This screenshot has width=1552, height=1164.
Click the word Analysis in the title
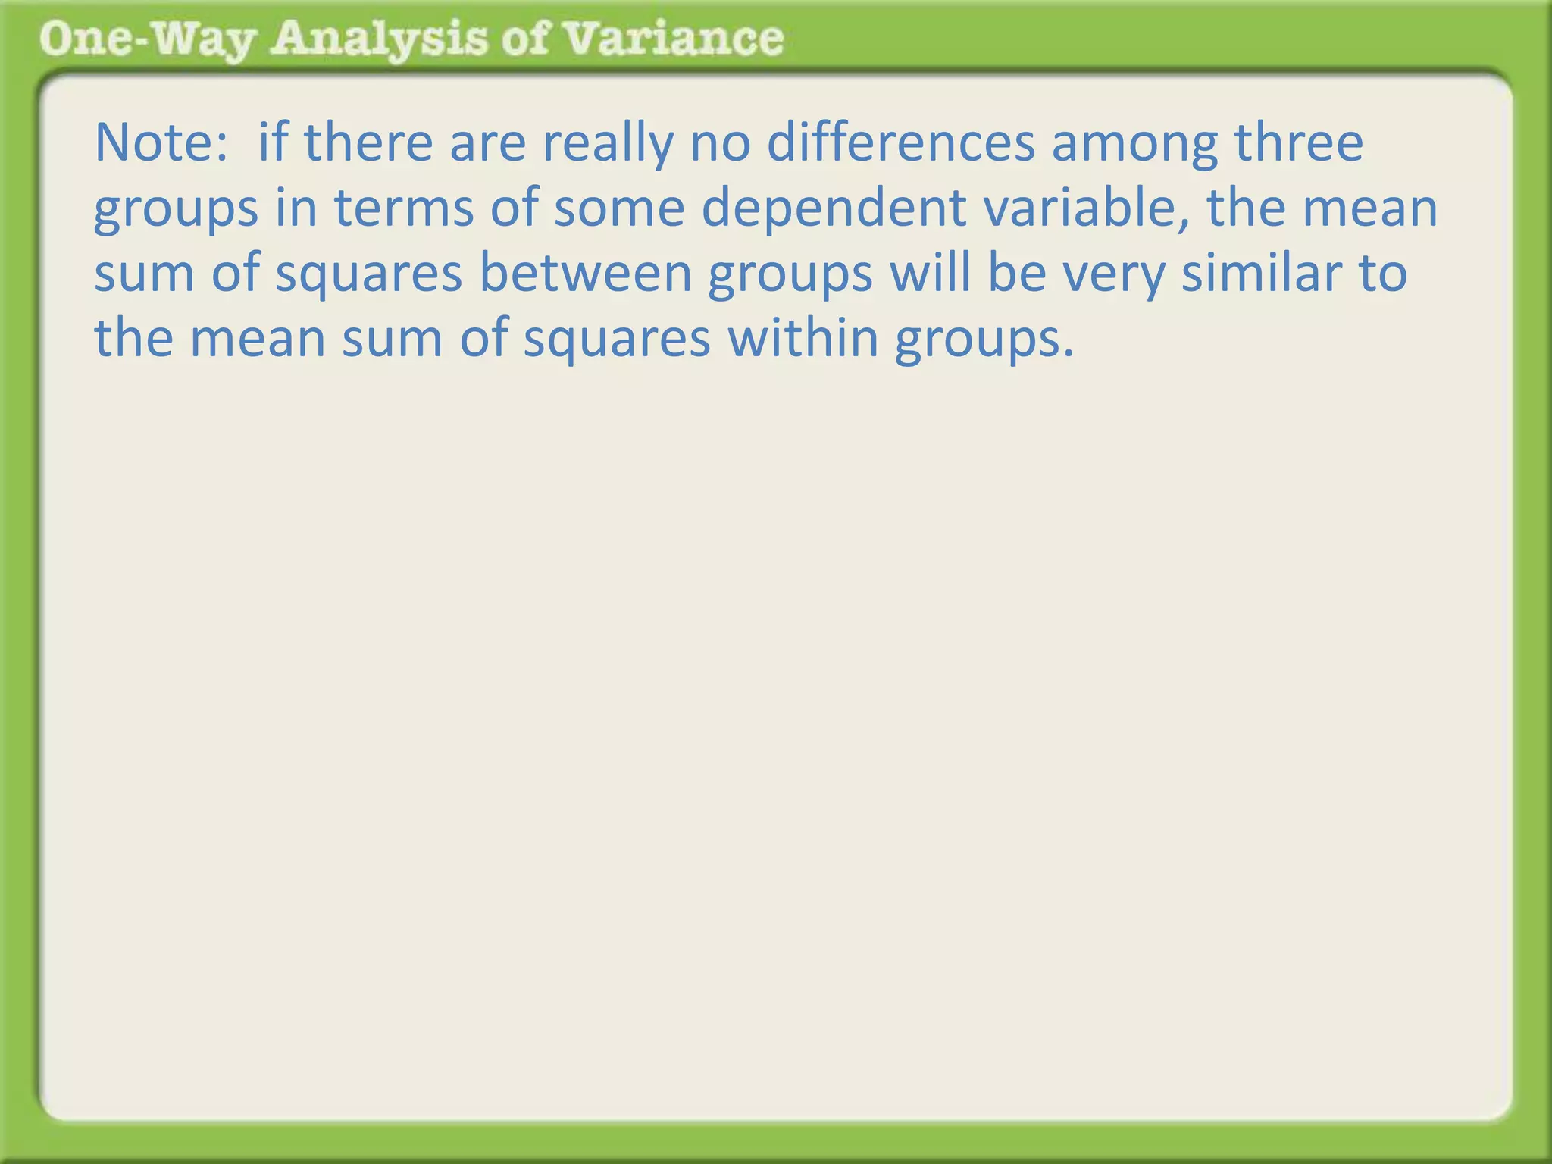[x=379, y=39]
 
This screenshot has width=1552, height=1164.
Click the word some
[x=618, y=209]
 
